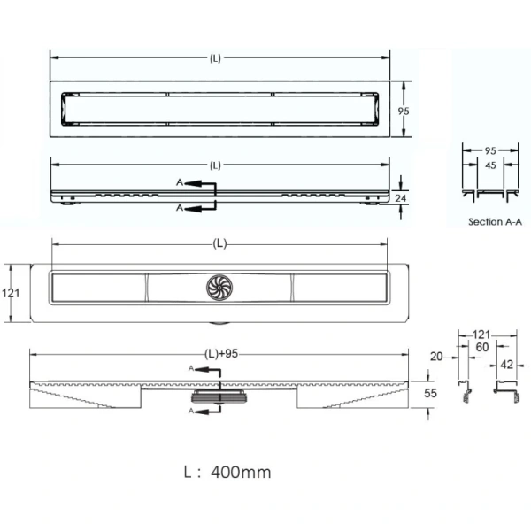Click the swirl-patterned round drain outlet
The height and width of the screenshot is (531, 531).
point(219,287)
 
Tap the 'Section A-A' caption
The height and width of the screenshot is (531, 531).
point(495,222)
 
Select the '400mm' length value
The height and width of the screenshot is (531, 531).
point(241,472)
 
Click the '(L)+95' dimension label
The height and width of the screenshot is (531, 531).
point(221,354)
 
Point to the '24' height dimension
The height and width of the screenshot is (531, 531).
point(400,197)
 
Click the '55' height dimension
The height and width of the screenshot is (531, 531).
point(430,393)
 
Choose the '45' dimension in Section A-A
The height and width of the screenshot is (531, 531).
point(490,165)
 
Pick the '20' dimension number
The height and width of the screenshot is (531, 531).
point(436,357)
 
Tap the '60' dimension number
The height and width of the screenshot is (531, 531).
point(482,347)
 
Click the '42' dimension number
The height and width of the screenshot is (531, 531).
point(506,365)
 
